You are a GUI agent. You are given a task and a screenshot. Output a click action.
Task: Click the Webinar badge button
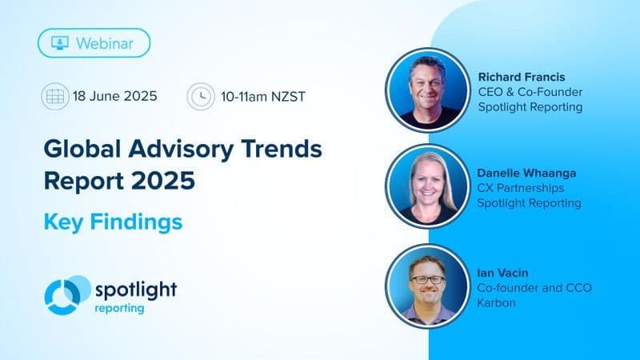tap(94, 42)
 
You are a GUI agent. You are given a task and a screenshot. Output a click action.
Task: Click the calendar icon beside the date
tap(54, 97)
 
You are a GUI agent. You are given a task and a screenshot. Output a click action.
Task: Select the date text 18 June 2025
tap(114, 97)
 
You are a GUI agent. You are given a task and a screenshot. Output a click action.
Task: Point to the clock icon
tap(199, 97)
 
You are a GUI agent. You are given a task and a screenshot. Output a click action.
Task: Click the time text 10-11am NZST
tap(260, 97)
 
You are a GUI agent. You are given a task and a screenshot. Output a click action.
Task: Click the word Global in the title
tap(82, 149)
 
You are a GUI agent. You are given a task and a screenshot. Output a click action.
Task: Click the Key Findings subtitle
tap(112, 222)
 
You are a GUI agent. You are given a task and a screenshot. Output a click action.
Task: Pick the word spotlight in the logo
tap(135, 288)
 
